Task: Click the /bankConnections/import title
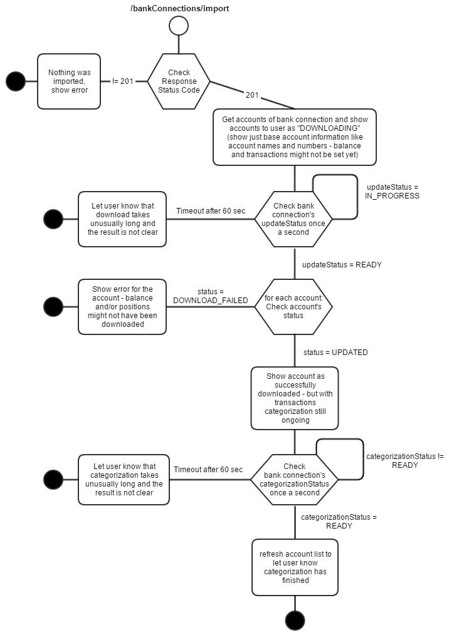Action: coord(179,9)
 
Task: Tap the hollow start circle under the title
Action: coord(179,26)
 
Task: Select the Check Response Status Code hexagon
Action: coord(179,81)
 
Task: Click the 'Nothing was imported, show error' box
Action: coord(69,81)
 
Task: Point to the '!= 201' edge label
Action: coord(122,81)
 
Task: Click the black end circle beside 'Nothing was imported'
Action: coord(15,81)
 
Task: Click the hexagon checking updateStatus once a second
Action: coord(294,219)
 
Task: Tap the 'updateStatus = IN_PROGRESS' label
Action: coord(392,192)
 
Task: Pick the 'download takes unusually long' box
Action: coord(122,219)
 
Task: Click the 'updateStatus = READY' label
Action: coord(342,265)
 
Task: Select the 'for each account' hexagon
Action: coord(293,306)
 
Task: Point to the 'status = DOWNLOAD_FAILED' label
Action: coord(211,296)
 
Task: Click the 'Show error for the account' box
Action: coord(122,306)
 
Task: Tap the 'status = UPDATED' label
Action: coord(335,353)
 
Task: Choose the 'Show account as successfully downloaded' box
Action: coord(295,398)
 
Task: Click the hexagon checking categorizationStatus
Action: coord(294,480)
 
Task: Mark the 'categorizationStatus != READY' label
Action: coord(404,461)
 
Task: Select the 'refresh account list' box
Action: coord(295,567)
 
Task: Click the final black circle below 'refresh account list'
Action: coord(295,620)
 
